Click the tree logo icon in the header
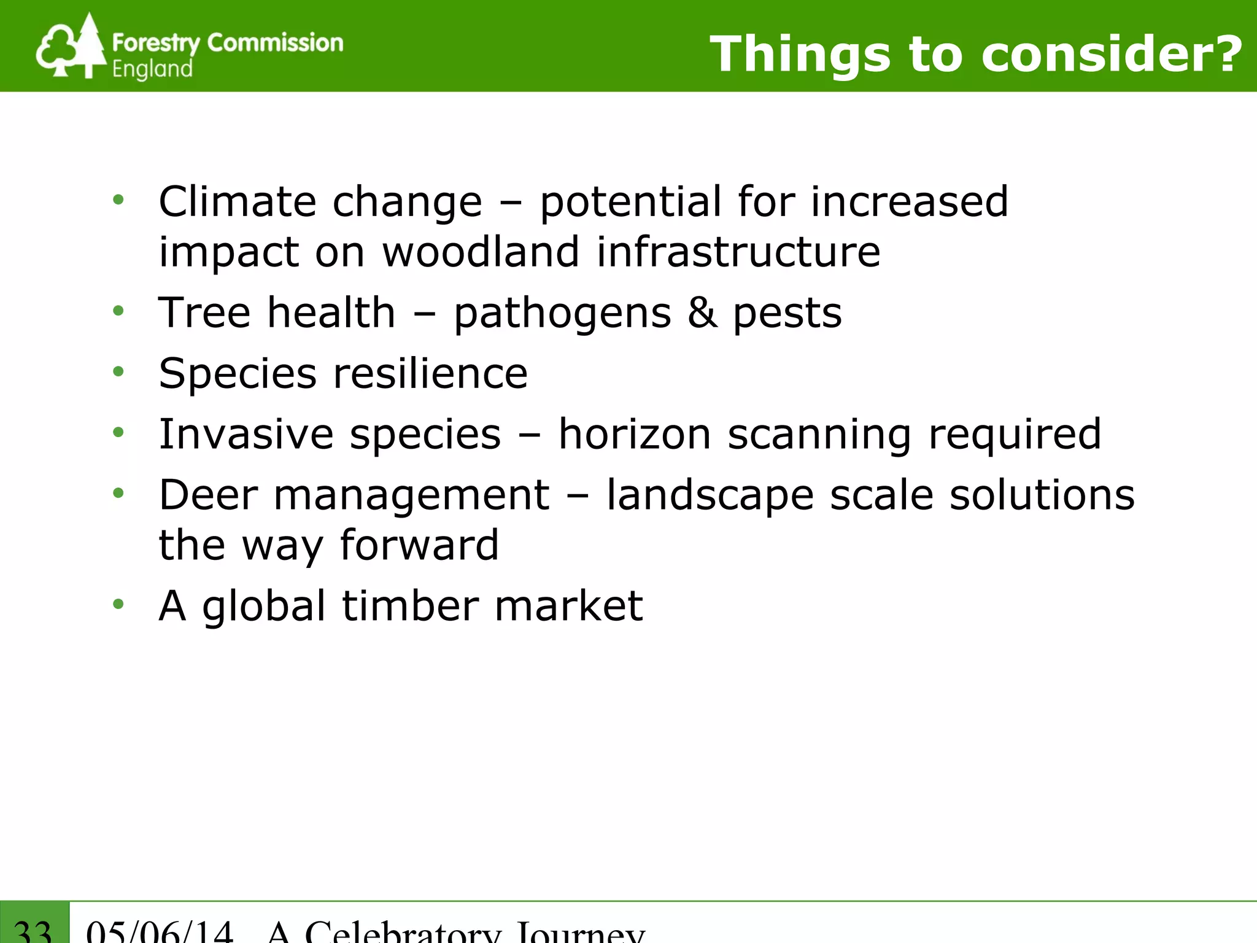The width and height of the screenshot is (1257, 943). coord(71,47)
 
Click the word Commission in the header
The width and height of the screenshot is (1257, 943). coord(275,43)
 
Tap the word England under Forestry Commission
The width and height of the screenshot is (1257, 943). coord(152,69)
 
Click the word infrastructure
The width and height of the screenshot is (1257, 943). coord(738,252)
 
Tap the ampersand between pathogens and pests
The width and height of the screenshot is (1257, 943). coord(702,312)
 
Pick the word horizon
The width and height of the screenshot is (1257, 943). coord(635,434)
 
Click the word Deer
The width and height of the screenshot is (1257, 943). coord(209,495)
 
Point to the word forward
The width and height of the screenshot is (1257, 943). coord(419,545)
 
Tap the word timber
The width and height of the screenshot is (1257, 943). coord(410,606)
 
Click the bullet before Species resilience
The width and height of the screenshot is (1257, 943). coord(118,371)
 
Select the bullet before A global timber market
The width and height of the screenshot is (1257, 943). coord(118,605)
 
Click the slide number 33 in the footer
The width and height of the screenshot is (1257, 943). coord(33,931)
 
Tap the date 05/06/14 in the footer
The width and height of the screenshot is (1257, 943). coord(160,931)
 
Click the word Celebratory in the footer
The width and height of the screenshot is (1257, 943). coord(403,932)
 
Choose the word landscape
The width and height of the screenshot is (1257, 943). coord(710,496)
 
